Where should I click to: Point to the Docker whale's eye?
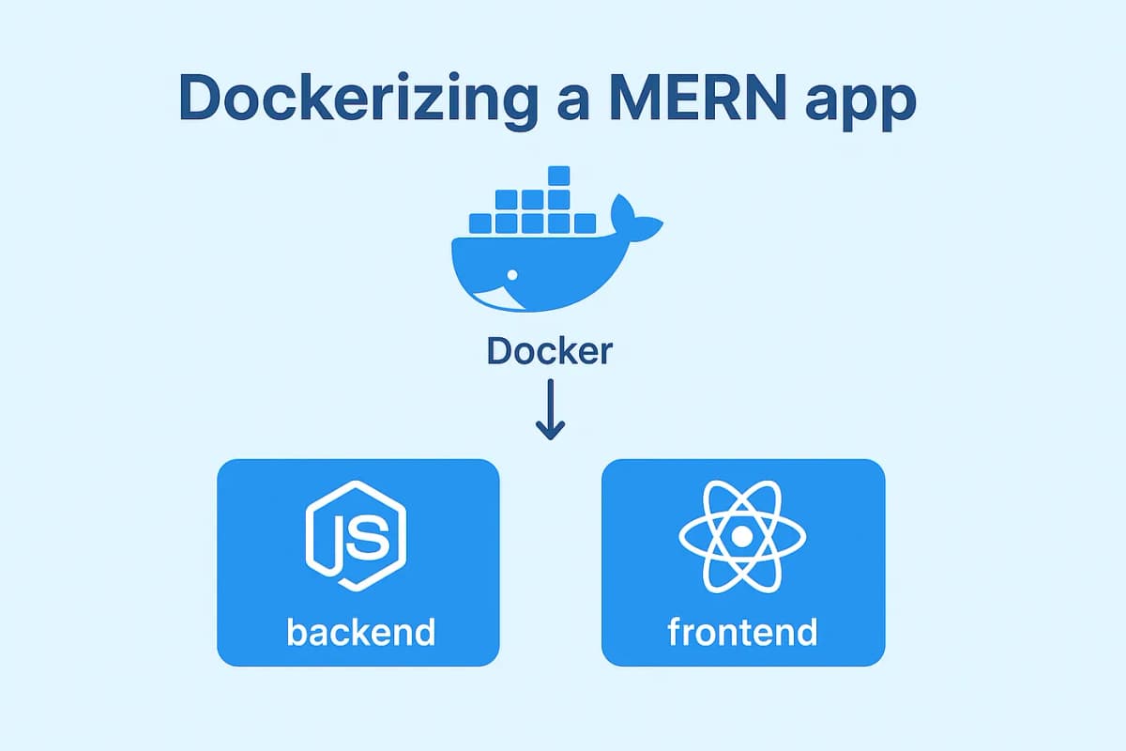point(512,274)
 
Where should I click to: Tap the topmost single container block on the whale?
point(559,175)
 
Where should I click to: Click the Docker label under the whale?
point(550,351)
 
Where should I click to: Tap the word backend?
point(360,631)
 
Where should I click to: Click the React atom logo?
point(742,536)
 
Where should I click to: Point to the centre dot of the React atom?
point(742,536)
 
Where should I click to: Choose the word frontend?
point(742,631)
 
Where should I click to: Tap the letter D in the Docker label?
point(500,351)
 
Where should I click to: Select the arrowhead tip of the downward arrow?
point(550,437)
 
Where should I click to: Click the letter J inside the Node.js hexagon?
point(340,540)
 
